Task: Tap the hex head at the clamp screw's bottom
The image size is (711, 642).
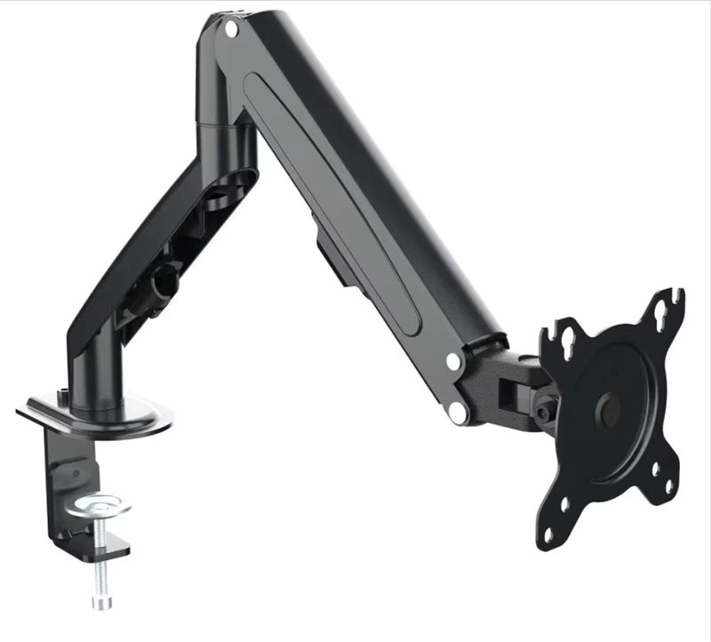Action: point(100,604)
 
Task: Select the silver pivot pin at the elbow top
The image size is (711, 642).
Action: point(232,28)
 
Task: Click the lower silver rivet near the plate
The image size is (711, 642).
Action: point(459,413)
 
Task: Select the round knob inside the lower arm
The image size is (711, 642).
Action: point(164,283)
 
